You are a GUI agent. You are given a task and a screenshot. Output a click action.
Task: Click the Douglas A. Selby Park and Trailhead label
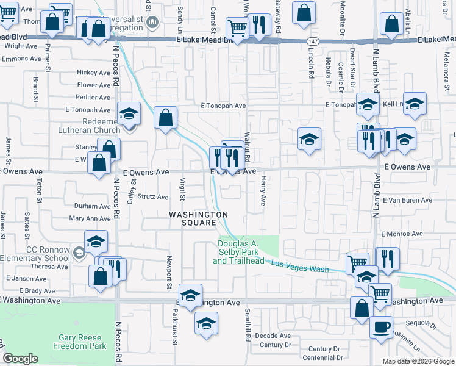pyautogui.click(x=238, y=253)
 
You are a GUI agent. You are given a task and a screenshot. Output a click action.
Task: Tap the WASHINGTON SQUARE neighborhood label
pyautogui.click(x=199, y=218)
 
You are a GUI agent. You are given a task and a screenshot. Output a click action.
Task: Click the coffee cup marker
pyautogui.click(x=382, y=326)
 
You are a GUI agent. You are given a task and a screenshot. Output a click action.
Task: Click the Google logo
pyautogui.click(x=21, y=358)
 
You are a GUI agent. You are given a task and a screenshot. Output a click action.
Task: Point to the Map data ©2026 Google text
pyautogui.click(x=418, y=361)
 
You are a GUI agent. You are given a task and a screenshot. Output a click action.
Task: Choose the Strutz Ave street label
pyautogui.click(x=152, y=197)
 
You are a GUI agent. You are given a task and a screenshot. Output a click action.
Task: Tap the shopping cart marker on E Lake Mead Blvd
pyautogui.click(x=237, y=27)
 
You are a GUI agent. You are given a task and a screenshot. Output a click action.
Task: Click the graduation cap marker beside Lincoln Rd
pyautogui.click(x=309, y=138)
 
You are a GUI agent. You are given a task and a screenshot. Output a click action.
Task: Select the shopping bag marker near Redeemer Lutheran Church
pyautogui.click(x=165, y=117)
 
